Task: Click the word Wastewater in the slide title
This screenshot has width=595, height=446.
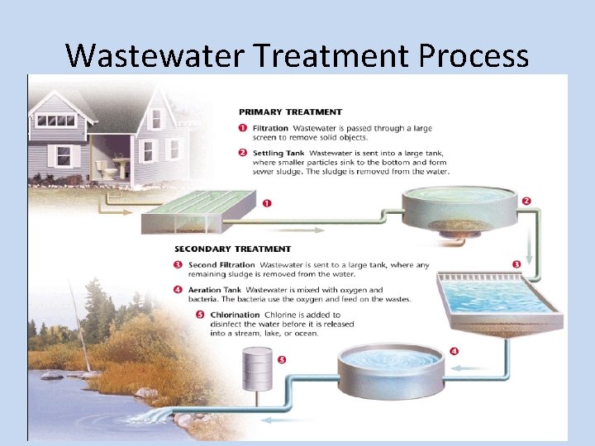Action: click(155, 55)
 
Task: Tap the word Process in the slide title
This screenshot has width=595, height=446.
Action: click(474, 55)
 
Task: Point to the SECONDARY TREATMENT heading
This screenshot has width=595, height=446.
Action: click(232, 249)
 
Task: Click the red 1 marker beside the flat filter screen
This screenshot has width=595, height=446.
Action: click(266, 203)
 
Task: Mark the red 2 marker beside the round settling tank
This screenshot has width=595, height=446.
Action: click(526, 200)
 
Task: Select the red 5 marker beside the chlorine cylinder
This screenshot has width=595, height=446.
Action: click(282, 360)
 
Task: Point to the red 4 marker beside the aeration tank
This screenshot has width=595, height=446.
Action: click(454, 351)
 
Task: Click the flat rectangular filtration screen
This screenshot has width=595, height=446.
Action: click(198, 211)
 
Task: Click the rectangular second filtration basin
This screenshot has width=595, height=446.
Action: click(496, 297)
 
